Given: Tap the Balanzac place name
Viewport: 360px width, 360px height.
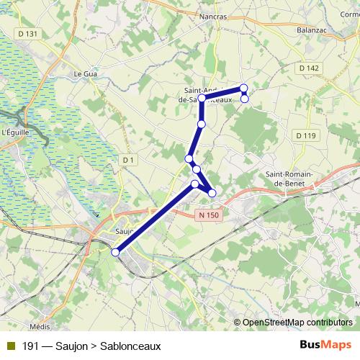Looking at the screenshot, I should coord(313,30).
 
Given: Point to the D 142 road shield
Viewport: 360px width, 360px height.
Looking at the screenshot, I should coord(308,68).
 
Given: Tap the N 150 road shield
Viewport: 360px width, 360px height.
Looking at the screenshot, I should coord(209,215).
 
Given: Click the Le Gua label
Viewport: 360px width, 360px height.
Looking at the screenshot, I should coord(85,73).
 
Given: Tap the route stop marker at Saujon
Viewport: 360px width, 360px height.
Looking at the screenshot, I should coord(115,252).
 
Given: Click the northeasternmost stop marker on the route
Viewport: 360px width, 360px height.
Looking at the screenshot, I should coord(244,88).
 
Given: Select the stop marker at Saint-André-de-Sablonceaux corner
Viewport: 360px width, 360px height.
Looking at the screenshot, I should coord(202,97).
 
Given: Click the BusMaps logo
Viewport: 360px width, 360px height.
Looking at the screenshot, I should coord(325,346).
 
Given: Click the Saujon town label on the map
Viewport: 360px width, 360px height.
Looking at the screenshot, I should coord(125,232).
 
